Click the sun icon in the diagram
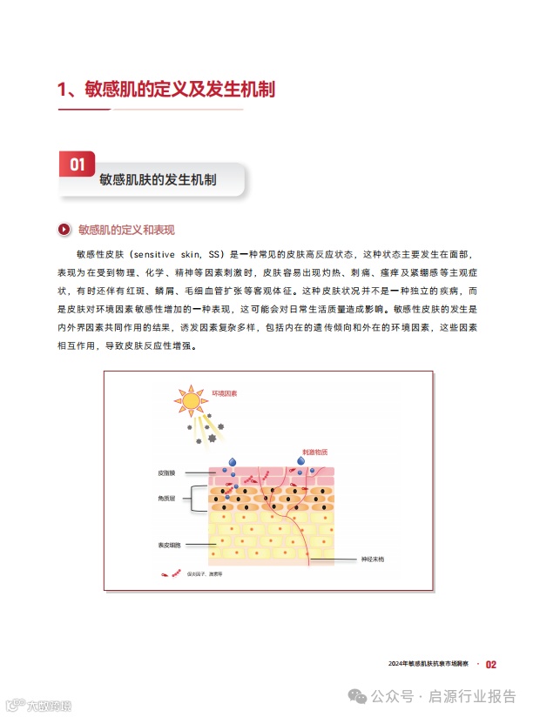coord(190,400)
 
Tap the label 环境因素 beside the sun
coord(225,393)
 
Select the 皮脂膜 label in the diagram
coord(166,473)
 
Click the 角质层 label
coord(166,499)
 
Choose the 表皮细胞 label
coord(169,545)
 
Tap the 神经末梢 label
coord(373,559)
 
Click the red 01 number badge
coord(77,164)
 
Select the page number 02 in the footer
coord(491,664)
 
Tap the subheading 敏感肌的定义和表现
coord(126,230)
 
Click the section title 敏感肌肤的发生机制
coord(158,180)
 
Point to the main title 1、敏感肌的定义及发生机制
coord(165,89)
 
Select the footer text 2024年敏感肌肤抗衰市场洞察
coord(428,664)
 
